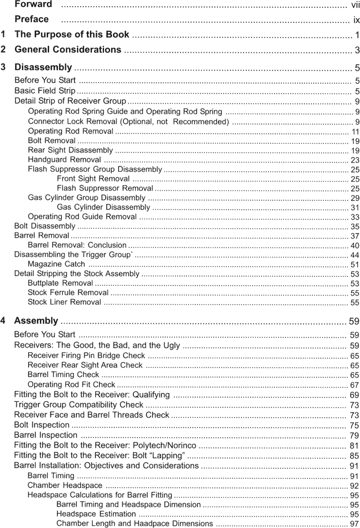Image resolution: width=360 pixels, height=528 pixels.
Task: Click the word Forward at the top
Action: [33, 5]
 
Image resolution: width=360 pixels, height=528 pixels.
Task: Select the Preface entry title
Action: [31, 20]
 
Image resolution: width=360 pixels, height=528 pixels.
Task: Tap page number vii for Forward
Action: [356, 5]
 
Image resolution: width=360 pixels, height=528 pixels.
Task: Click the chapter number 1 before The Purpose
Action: [3, 35]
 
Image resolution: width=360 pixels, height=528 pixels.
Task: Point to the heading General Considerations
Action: [68, 50]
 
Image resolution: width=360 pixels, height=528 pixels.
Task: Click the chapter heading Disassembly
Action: [43, 67]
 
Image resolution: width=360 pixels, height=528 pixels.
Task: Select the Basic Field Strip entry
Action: [45, 91]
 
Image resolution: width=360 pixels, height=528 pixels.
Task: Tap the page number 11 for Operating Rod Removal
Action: [355, 132]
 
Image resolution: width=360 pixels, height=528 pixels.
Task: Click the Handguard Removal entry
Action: [64, 160]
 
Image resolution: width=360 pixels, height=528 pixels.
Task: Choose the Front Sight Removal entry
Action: [93, 179]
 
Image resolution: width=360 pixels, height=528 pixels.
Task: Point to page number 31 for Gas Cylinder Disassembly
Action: [355, 208]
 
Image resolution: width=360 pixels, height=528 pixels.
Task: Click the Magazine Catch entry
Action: [56, 265]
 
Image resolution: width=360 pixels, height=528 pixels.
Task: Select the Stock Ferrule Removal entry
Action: [67, 293]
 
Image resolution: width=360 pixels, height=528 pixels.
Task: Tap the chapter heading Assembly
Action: [36, 321]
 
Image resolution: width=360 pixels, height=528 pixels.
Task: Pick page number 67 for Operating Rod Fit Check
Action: [355, 385]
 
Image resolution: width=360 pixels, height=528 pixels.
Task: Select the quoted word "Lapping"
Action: [168, 455]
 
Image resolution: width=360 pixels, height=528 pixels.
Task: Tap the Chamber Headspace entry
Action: [65, 485]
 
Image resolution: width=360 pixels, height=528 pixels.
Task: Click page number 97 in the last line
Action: [355, 524]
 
